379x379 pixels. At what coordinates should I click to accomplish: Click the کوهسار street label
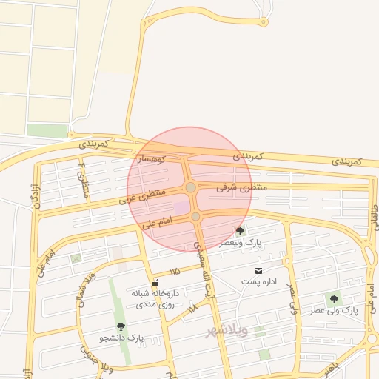(x=150, y=159)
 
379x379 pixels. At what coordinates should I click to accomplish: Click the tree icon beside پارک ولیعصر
(x=239, y=231)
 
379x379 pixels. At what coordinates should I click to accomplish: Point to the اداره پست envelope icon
(x=258, y=271)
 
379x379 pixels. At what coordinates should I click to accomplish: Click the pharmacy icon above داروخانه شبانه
(x=155, y=284)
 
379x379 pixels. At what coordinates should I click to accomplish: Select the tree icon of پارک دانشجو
(x=121, y=326)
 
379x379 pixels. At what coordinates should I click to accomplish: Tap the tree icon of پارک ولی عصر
(x=334, y=299)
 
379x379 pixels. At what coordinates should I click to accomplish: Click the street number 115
(x=175, y=272)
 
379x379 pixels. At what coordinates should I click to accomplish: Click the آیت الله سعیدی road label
(x=202, y=267)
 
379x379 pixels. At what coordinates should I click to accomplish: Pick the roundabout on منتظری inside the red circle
(x=191, y=188)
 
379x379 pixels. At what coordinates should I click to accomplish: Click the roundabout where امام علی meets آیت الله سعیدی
(x=195, y=216)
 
